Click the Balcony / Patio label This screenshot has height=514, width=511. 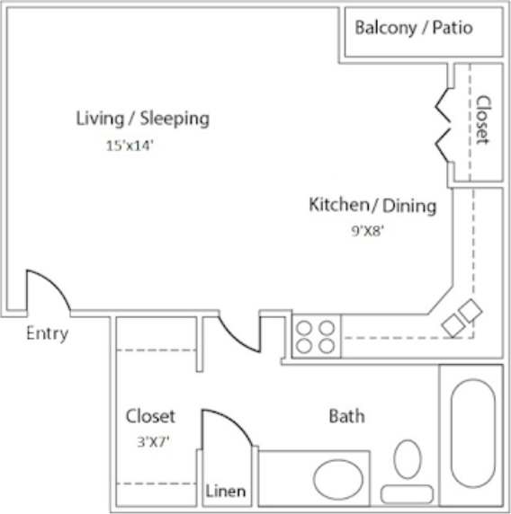click(414, 27)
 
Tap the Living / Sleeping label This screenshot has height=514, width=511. click(142, 118)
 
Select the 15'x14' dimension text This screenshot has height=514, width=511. click(130, 146)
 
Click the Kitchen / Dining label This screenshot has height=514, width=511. click(372, 205)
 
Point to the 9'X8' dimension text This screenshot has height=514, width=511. click(369, 230)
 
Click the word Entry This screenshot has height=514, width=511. click(47, 333)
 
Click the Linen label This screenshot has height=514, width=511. click(225, 492)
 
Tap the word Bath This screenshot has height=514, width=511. click(346, 416)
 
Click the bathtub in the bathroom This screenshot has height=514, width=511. click(471, 433)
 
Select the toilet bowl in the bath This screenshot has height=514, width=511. click(407, 464)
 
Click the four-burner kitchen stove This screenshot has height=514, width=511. click(316, 336)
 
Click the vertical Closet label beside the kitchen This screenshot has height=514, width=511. click(482, 120)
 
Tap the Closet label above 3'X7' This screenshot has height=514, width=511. click(150, 416)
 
